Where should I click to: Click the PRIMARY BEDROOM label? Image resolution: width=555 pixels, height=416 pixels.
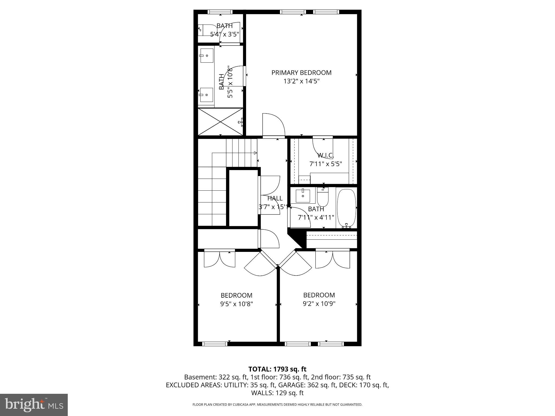[x=301, y=73]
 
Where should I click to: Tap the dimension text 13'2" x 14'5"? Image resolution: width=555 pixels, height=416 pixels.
[x=301, y=81]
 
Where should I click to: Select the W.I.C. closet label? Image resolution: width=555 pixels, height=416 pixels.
[x=325, y=155]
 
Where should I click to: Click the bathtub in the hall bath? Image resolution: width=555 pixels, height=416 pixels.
[x=346, y=207]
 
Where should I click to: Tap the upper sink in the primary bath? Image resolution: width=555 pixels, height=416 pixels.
[x=206, y=56]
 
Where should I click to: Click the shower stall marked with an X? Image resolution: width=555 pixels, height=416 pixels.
[x=220, y=122]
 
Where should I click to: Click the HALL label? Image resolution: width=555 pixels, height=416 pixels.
[x=275, y=198]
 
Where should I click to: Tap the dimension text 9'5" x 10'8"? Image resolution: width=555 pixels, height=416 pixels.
[x=236, y=304]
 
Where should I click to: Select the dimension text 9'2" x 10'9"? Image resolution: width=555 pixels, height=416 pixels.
[x=319, y=304]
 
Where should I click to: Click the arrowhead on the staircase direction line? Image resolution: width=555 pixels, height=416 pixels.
[x=255, y=153]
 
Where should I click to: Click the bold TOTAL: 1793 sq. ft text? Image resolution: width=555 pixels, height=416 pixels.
[x=277, y=369]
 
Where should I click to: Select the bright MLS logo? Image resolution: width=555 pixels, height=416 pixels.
[x=34, y=405]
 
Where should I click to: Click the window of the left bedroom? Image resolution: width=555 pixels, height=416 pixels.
[x=214, y=344]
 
